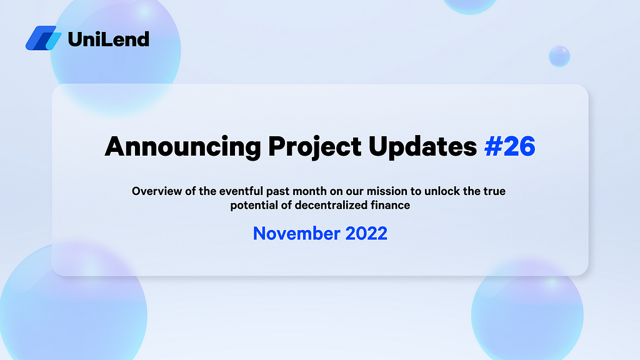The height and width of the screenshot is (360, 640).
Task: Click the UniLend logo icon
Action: click(x=44, y=38)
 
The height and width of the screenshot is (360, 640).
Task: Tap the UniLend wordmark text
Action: click(x=109, y=39)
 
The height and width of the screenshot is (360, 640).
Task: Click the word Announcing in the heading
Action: click(x=183, y=147)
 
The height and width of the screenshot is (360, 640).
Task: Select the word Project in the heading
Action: click(x=315, y=147)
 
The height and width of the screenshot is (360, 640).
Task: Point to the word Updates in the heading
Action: click(x=423, y=147)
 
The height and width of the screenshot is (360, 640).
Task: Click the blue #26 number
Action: click(x=510, y=146)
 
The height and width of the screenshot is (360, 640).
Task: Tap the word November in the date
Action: click(x=296, y=234)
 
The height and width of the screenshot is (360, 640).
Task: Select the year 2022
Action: click(x=366, y=234)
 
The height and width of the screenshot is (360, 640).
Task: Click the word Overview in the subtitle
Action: click(x=157, y=191)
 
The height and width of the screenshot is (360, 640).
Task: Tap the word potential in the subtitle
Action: click(x=254, y=205)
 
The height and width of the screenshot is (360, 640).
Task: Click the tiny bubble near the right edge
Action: click(x=559, y=56)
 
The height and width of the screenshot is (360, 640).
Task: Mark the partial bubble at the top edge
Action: click(x=470, y=6)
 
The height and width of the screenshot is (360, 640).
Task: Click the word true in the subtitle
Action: click(x=495, y=191)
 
